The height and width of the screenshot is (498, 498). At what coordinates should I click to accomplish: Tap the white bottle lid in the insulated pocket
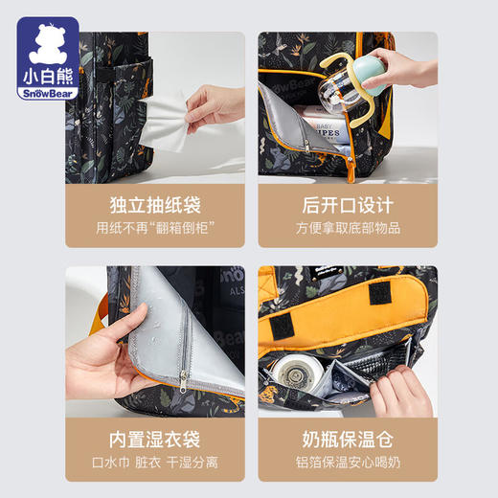[x=291, y=376]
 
